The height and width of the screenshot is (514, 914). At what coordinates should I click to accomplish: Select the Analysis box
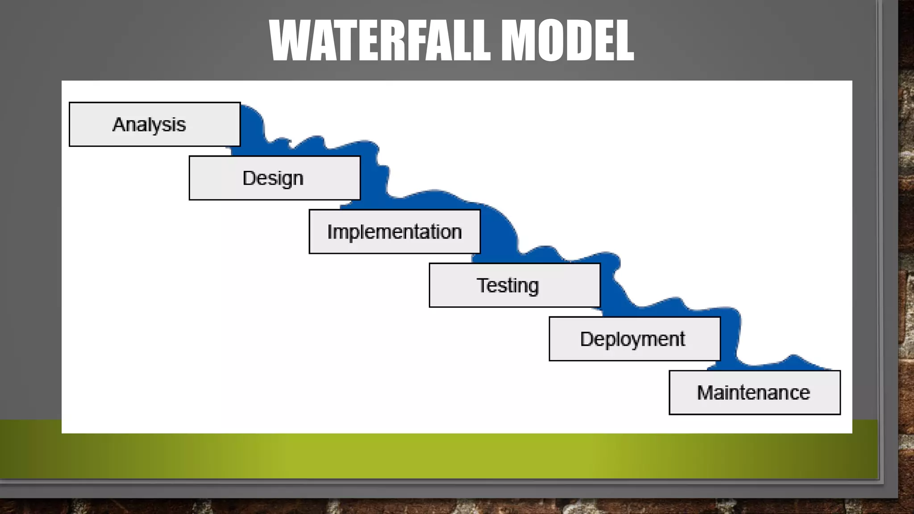(154, 124)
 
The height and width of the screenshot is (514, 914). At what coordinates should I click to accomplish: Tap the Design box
(274, 178)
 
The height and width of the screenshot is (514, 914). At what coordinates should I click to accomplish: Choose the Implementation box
(395, 232)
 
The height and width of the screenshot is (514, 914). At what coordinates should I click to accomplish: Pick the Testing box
(515, 285)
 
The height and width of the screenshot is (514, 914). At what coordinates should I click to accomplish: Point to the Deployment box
(634, 339)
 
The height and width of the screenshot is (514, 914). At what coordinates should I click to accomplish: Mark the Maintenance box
(754, 393)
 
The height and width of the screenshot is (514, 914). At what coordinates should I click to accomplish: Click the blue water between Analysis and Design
(254, 134)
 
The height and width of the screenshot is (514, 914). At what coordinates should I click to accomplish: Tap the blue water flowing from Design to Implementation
(373, 178)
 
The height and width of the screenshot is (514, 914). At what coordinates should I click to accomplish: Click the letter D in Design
(249, 178)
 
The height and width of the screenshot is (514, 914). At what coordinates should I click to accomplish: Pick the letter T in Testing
(483, 285)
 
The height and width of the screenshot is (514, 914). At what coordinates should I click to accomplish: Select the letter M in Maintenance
(706, 393)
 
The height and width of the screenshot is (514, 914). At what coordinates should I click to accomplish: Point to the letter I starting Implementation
(330, 232)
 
